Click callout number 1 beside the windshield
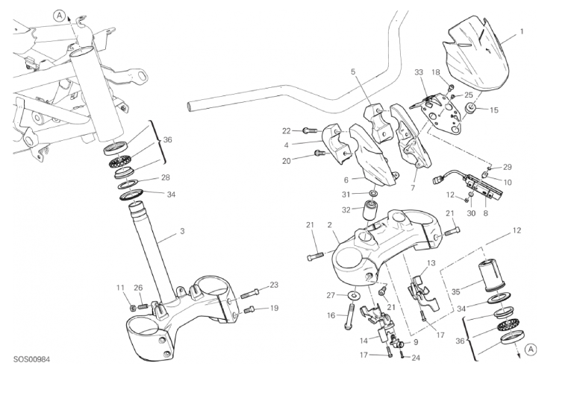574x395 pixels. pos(522,31)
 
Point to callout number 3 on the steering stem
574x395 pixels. pos(181,232)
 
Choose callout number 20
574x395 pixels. pos(287,160)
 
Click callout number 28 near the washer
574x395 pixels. pos(166,177)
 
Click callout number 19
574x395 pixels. pos(274,308)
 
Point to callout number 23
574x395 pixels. pos(274,285)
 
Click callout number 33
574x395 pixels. pos(419,73)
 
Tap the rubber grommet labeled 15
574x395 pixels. pos(472,110)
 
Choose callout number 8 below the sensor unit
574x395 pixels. pos(486,213)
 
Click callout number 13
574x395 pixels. pos(431,263)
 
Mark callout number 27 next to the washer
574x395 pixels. pos(331,295)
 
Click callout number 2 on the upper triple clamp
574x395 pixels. pos(329,225)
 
